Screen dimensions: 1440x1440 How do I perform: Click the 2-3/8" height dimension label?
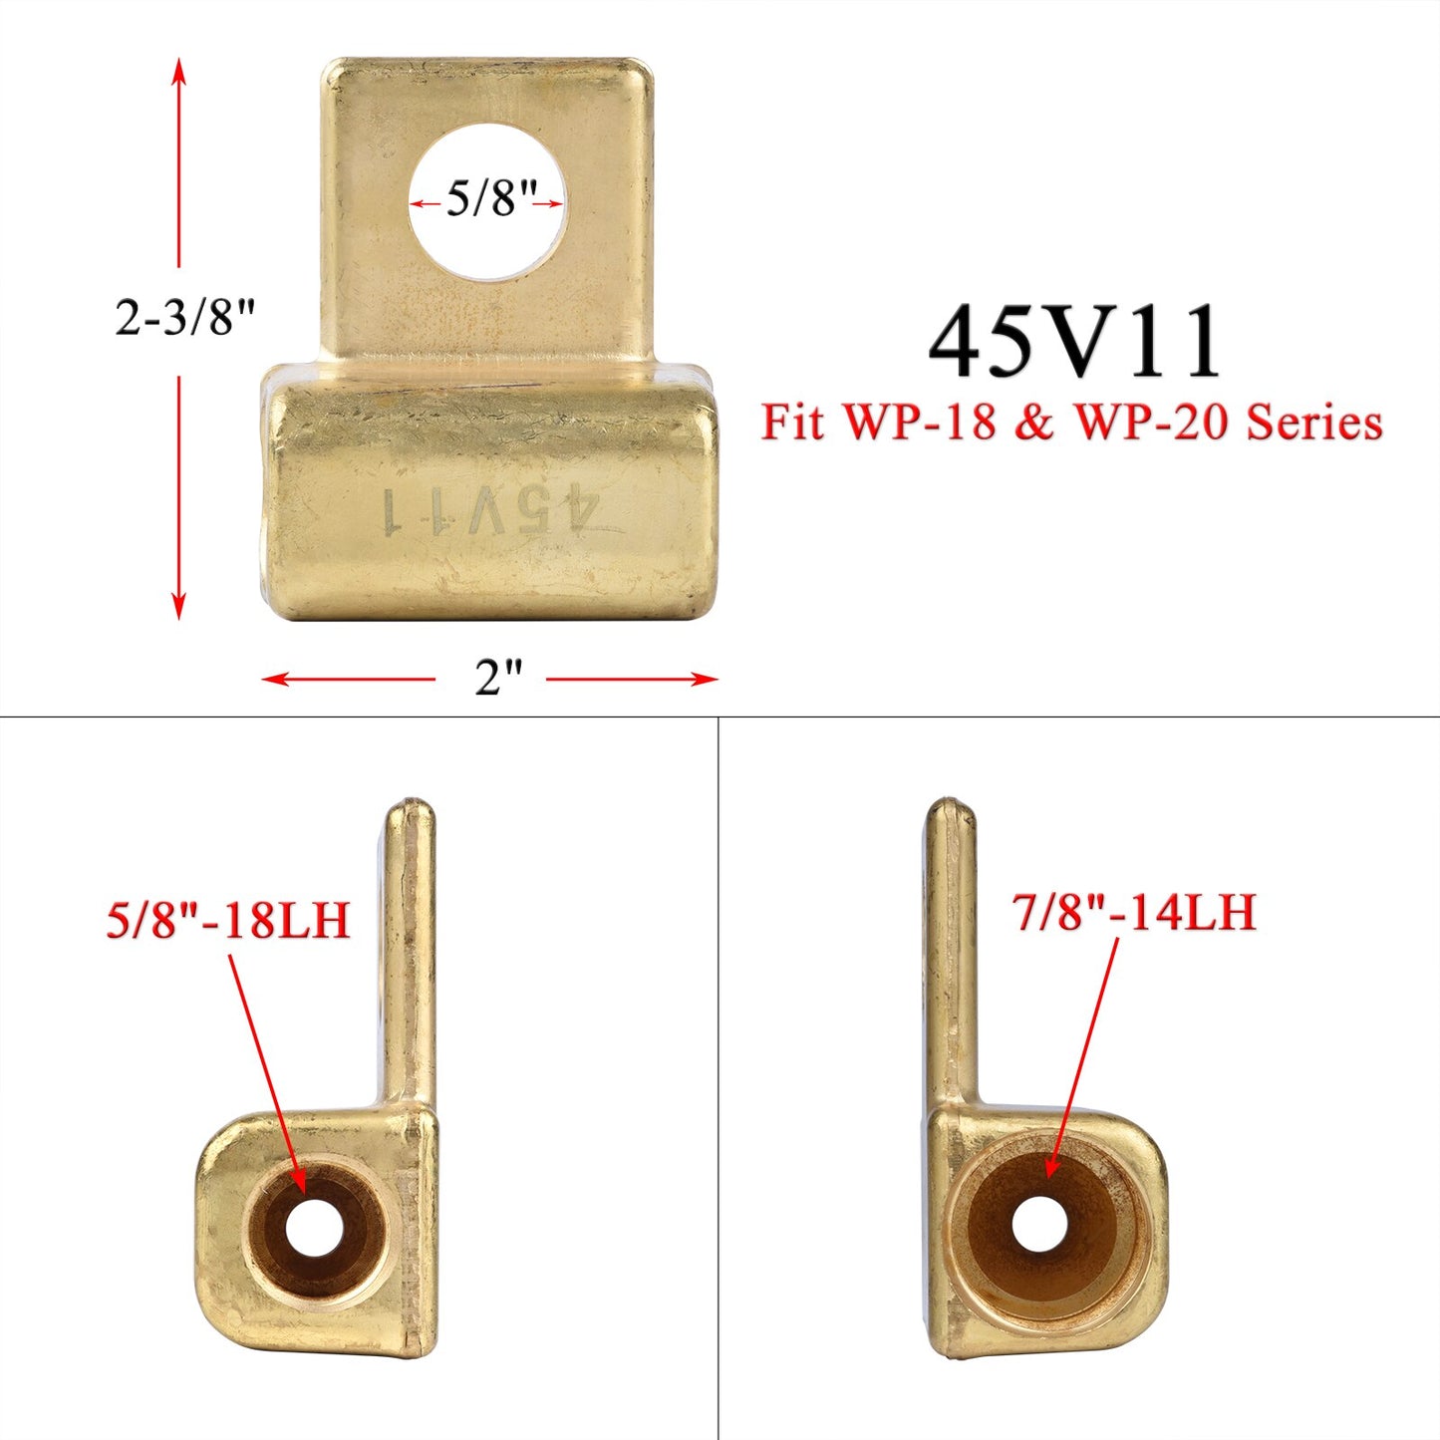[x=185, y=319]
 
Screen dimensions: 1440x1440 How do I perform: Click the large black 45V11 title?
[x=1074, y=343]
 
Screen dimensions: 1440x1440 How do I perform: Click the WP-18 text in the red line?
[x=920, y=423]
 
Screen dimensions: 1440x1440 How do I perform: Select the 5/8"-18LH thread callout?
[x=228, y=919]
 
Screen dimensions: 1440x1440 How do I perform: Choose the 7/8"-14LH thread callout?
[x=1134, y=912]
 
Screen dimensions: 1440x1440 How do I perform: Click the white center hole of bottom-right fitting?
[x=1039, y=1223]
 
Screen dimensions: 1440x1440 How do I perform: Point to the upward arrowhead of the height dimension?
[x=179, y=70]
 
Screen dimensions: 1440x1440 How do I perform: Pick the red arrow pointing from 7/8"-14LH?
[x=1083, y=1056]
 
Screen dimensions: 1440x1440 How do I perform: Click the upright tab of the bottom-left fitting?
[x=410, y=947]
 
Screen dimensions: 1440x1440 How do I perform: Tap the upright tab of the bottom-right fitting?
[x=950, y=947]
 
